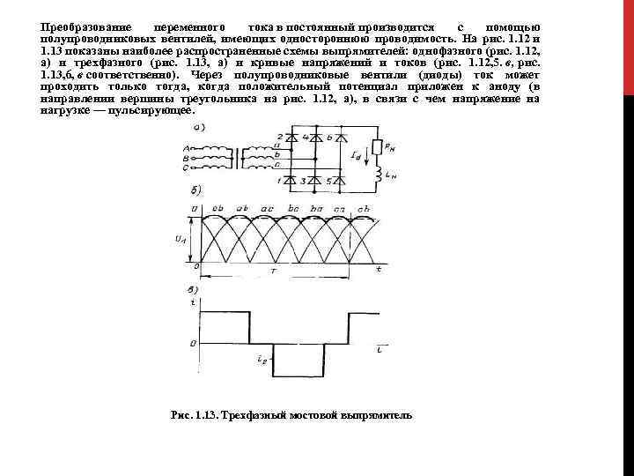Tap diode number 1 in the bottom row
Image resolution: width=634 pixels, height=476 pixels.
pos(287,181)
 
